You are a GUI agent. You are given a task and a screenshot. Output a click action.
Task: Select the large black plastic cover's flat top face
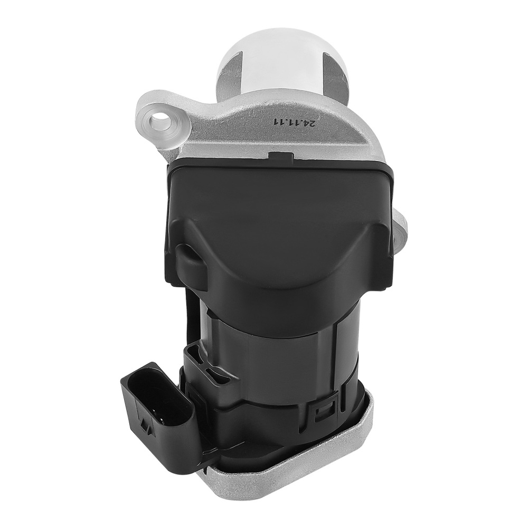pyautogui.click(x=280, y=195)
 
